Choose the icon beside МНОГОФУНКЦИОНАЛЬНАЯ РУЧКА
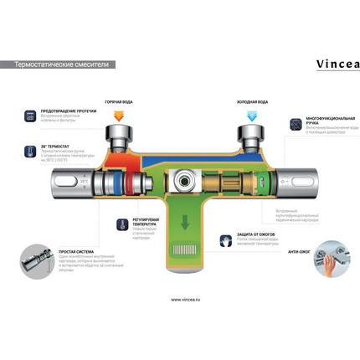(x=295, y=123)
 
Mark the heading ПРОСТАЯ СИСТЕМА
(x=77, y=250)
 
